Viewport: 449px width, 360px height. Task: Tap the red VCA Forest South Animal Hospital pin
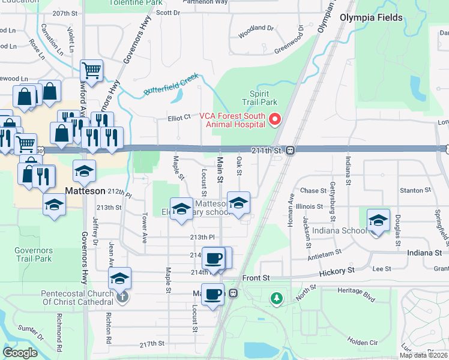click(276, 119)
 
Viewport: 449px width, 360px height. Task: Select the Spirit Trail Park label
click(259, 98)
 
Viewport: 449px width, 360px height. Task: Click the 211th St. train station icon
click(290, 150)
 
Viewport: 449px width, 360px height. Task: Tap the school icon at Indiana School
click(378, 220)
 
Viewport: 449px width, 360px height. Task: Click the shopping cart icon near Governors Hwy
click(91, 71)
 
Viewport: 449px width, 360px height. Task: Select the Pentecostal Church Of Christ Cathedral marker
click(121, 296)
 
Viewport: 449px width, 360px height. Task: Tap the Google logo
click(20, 353)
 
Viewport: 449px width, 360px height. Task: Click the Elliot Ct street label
click(178, 118)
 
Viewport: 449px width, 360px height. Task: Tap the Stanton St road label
click(412, 190)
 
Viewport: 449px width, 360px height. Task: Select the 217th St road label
click(152, 344)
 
